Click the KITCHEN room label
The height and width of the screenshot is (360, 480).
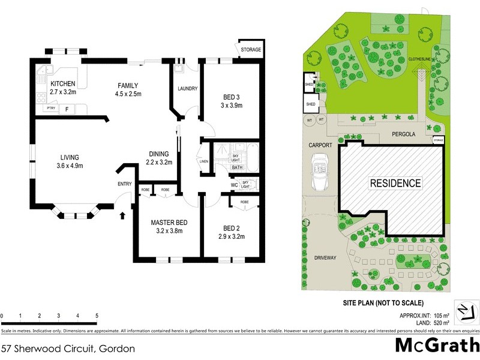62,83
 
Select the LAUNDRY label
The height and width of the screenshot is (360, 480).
187,89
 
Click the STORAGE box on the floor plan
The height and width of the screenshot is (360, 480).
250,49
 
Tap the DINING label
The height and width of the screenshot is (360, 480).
160,153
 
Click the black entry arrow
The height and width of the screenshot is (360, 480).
123,214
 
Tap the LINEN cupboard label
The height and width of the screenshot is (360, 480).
204,161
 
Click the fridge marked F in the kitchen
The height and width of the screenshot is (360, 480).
67,109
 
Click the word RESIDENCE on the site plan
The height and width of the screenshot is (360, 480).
395,183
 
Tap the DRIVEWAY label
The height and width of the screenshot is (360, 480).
325,257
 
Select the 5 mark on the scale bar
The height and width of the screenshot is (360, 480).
97,316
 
